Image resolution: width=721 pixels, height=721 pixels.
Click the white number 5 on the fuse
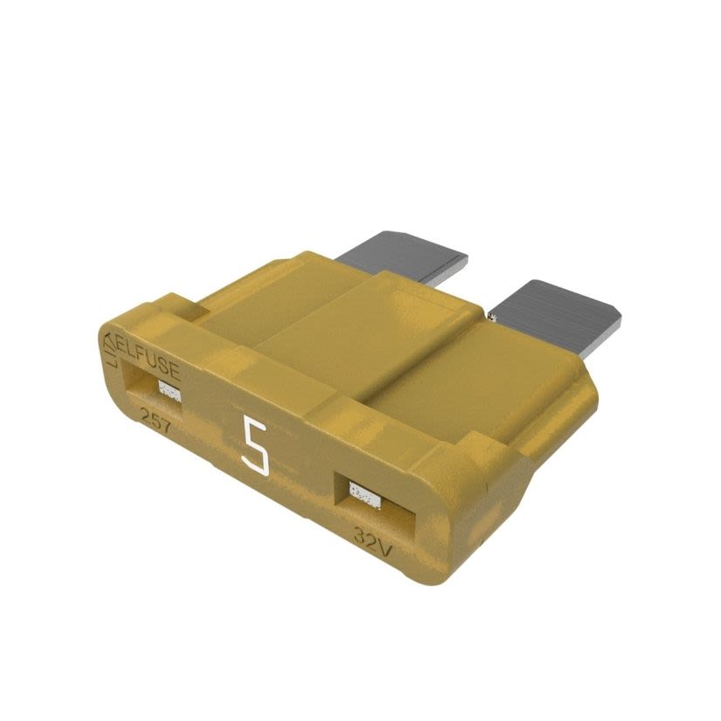[255, 445]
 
